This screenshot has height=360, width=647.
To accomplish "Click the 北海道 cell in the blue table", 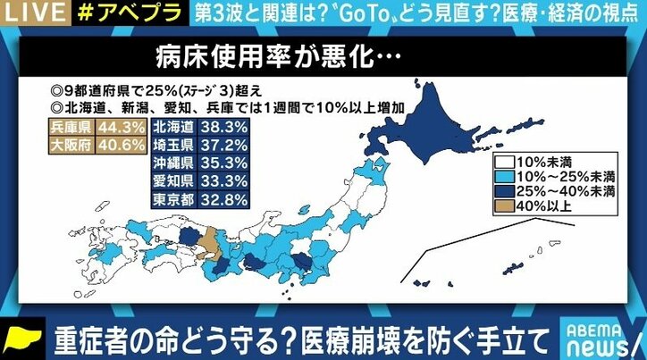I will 173,128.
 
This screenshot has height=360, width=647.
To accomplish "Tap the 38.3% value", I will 226,128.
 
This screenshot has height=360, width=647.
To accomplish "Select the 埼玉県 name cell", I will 173,145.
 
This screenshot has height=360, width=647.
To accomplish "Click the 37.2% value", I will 226,145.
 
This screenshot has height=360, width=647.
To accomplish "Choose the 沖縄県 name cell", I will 173,162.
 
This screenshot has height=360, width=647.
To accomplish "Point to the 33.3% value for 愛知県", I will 226,180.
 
